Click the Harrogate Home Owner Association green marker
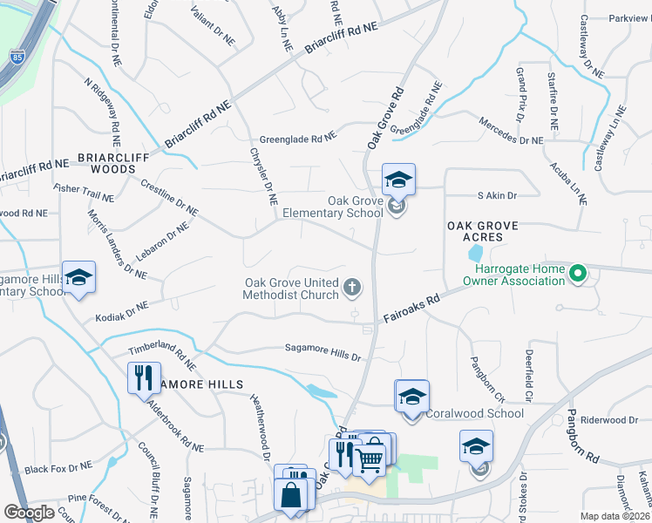click(x=576, y=275)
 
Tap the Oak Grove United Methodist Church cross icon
click(x=353, y=287)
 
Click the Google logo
click(x=29, y=513)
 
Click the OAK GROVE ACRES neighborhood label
click(x=482, y=231)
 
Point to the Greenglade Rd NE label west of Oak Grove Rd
click(x=297, y=138)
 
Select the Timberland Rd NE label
click(x=161, y=351)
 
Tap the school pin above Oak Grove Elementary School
click(x=398, y=180)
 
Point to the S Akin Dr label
click(x=497, y=196)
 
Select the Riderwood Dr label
click(x=610, y=419)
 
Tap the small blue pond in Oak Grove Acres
click(x=473, y=254)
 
